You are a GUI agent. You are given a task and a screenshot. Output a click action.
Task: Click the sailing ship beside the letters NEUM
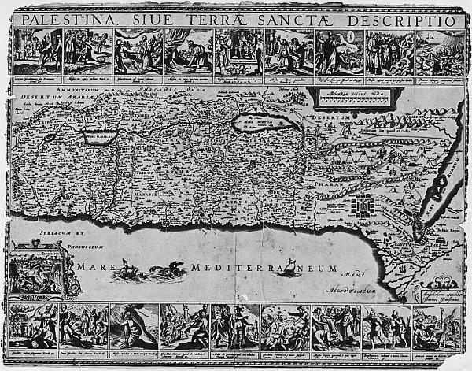click(x=289, y=269)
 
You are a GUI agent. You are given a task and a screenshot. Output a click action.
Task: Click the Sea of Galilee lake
click(x=101, y=136)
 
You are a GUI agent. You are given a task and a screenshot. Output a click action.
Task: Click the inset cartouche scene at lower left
click(x=37, y=270)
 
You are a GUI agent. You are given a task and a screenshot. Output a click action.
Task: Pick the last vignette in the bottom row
click(x=437, y=326)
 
